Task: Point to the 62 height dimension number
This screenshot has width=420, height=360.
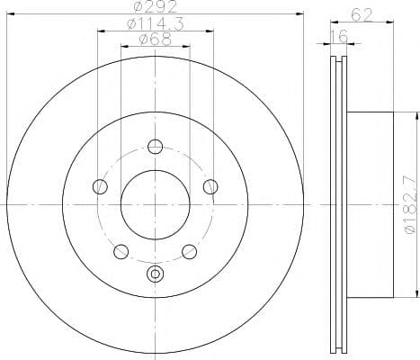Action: pyautogui.click(x=361, y=13)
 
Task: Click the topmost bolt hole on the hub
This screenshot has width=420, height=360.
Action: pyautogui.click(x=155, y=147)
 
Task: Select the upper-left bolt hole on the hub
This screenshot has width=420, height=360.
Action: pyautogui.click(x=100, y=187)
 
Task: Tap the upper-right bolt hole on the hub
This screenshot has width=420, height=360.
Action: pyautogui.click(x=210, y=187)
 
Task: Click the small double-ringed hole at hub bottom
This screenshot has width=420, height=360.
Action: pyautogui.click(x=155, y=274)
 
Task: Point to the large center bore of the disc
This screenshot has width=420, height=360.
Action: pyautogui.click(x=155, y=205)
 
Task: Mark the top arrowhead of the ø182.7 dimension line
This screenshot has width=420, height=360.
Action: pyautogui.click(x=415, y=116)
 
